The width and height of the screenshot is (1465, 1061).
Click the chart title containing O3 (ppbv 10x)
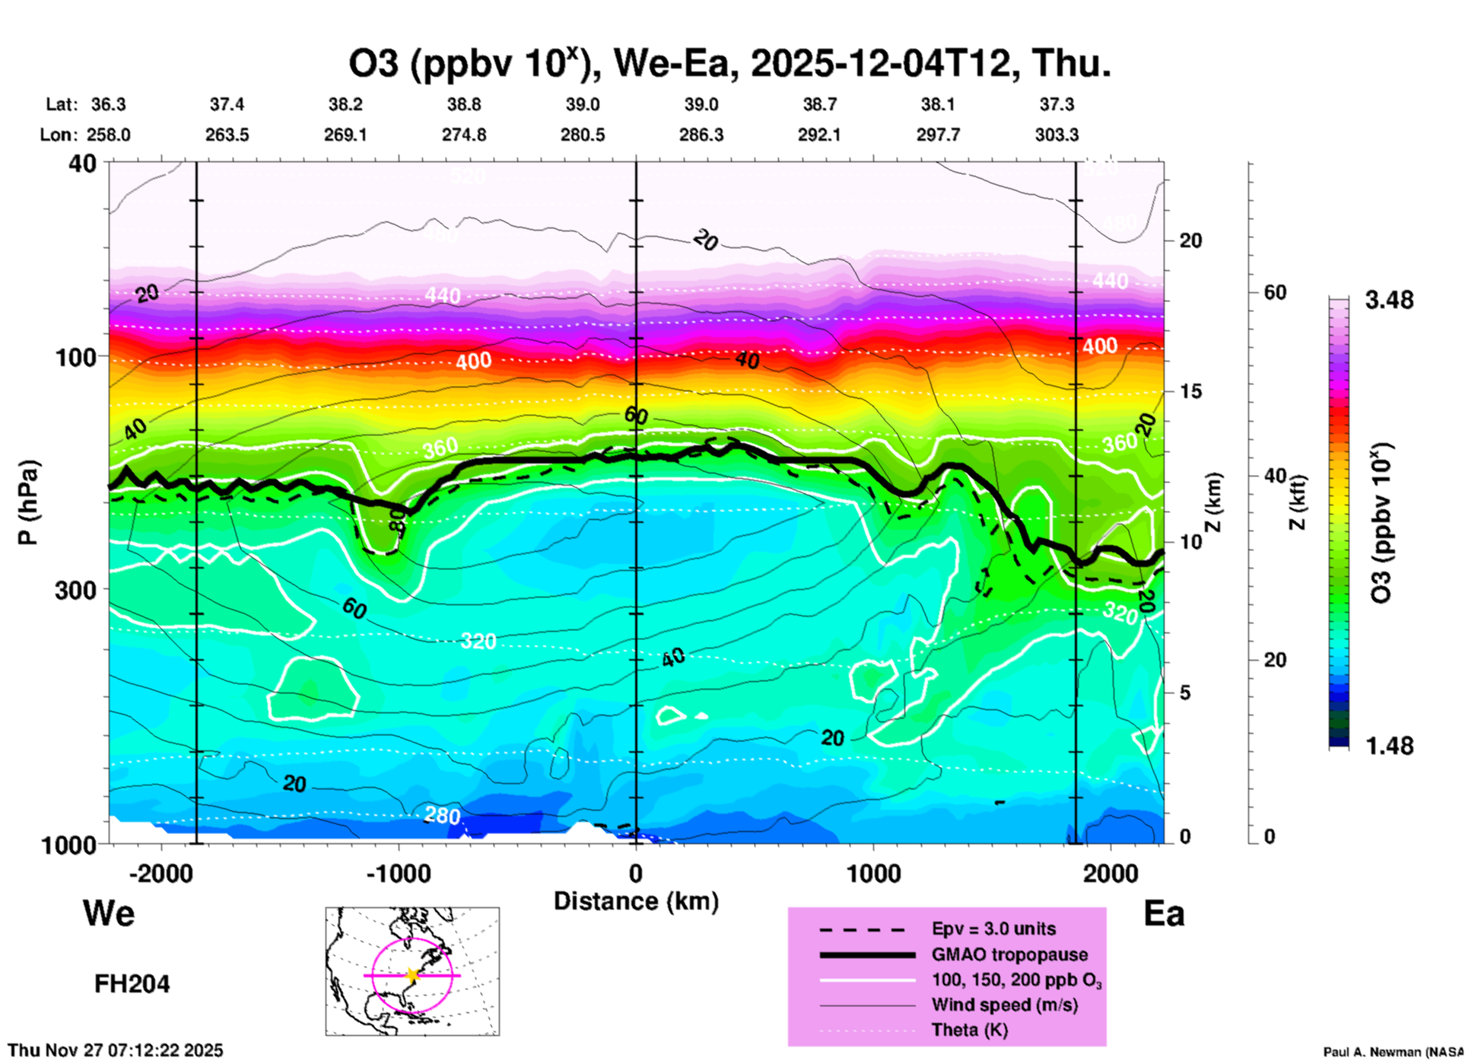[x=729, y=63]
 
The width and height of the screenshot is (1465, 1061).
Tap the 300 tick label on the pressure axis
[x=75, y=589]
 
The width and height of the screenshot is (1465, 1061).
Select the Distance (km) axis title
[x=636, y=901]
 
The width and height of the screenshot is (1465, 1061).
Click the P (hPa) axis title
[x=28, y=502]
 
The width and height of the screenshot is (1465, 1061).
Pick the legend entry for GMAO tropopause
[x=1009, y=954]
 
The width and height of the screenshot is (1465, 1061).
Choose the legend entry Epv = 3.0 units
[x=993, y=929]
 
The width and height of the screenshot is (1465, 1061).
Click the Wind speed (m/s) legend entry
[x=1004, y=1005]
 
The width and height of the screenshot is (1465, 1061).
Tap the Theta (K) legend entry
[x=969, y=1030]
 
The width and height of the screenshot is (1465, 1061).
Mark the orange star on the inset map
[x=413, y=975]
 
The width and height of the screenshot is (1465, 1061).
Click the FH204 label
[x=132, y=984]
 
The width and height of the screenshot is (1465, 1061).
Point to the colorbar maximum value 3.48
[x=1389, y=301]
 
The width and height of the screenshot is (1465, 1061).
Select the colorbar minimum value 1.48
[x=1389, y=746]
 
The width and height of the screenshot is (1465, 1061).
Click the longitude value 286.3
[x=701, y=135]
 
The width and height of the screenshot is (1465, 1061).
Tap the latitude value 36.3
[x=108, y=104]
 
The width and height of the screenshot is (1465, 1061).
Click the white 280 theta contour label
[x=442, y=816]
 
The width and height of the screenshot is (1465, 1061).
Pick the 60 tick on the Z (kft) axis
[x=1275, y=292]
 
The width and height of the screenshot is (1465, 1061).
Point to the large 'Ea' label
[x=1164, y=914]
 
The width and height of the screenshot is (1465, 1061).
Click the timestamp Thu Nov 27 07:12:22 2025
[x=116, y=1050]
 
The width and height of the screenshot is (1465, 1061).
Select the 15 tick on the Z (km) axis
[x=1190, y=391]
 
